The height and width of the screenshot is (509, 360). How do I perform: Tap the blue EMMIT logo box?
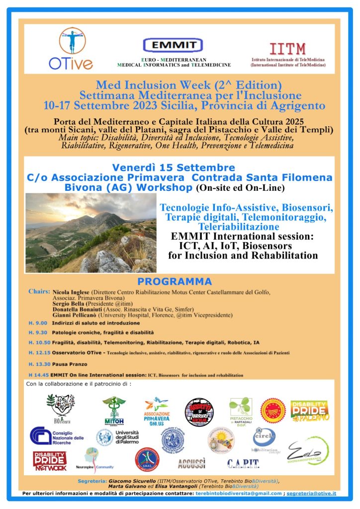click(173, 45)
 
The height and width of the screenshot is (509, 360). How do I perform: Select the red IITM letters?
click(288, 49)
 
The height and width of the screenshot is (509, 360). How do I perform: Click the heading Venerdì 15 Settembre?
click(174, 168)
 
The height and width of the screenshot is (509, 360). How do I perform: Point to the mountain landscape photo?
click(91, 232)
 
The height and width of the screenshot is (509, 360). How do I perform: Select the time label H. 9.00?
click(38, 323)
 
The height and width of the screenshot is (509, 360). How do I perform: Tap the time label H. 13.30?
click(39, 364)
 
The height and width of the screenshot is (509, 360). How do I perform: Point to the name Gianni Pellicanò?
click(75, 315)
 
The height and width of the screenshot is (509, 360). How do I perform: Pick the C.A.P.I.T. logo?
click(243, 464)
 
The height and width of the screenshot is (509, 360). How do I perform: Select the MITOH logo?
click(114, 410)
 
